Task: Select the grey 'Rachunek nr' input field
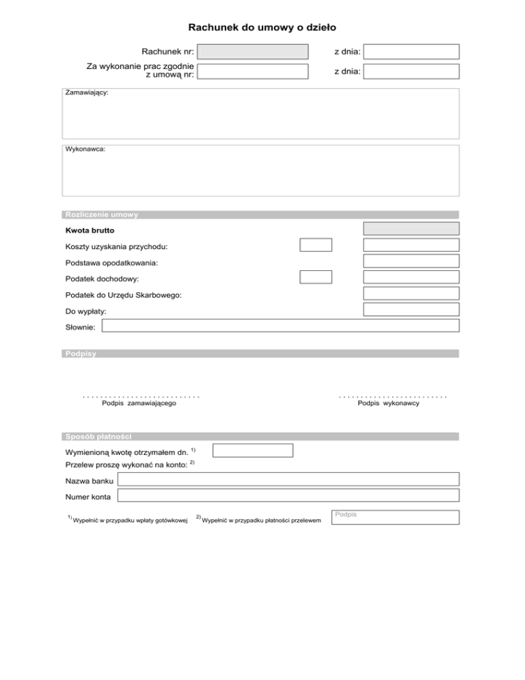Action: [x=253, y=51]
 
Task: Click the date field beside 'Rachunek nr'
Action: [x=411, y=51]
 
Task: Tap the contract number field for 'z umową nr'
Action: [x=253, y=70]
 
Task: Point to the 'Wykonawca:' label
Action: [x=85, y=148]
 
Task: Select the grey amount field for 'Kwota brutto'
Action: [x=411, y=229]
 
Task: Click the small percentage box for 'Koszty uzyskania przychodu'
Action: [x=316, y=245]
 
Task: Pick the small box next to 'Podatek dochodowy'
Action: [x=316, y=277]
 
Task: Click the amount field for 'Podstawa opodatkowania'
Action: [x=411, y=261]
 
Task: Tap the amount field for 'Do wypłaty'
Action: [x=411, y=309]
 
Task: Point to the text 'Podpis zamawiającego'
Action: [x=139, y=404]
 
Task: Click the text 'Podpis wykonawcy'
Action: [x=388, y=404]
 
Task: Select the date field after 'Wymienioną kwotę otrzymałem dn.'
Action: [x=253, y=450]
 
